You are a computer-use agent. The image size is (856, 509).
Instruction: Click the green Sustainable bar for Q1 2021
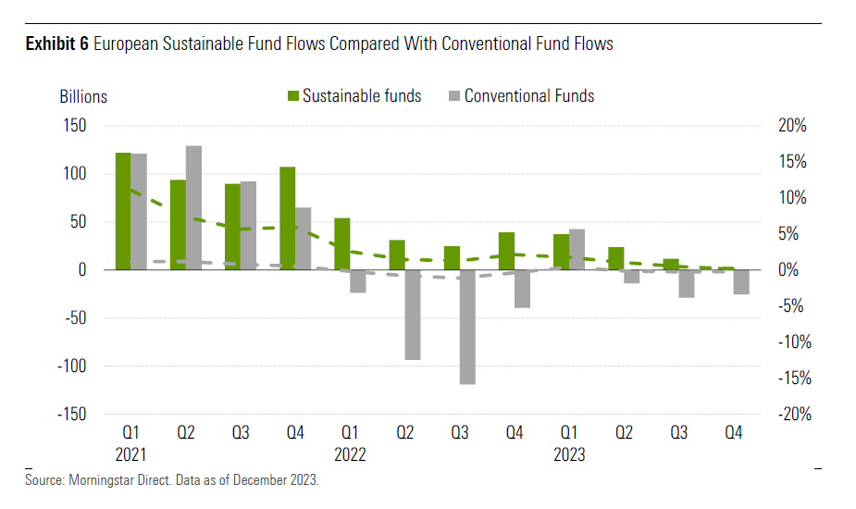pyautogui.click(x=123, y=211)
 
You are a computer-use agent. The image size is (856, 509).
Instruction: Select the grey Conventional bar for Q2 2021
pyautogui.click(x=193, y=207)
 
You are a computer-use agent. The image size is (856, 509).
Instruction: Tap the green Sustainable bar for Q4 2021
pyautogui.click(x=287, y=218)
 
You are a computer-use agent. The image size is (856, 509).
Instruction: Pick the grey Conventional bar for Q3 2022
pyautogui.click(x=467, y=327)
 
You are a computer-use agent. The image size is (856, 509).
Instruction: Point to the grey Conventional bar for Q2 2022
pyautogui.click(x=413, y=315)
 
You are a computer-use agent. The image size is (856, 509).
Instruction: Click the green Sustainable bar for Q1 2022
pyautogui.click(x=341, y=243)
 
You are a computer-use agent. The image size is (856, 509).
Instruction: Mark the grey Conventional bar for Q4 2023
pyautogui.click(x=741, y=282)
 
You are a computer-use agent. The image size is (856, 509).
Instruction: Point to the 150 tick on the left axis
pyautogui.click(x=74, y=126)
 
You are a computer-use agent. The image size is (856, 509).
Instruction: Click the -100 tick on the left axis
pyautogui.click(x=71, y=366)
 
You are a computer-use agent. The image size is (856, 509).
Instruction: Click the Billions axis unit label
pyautogui.click(x=83, y=96)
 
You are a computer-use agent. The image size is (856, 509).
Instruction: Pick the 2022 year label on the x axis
pyautogui.click(x=350, y=455)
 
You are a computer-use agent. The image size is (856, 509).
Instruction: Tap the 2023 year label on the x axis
pyautogui.click(x=569, y=455)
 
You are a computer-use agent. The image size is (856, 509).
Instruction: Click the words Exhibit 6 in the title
pyautogui.click(x=57, y=43)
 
